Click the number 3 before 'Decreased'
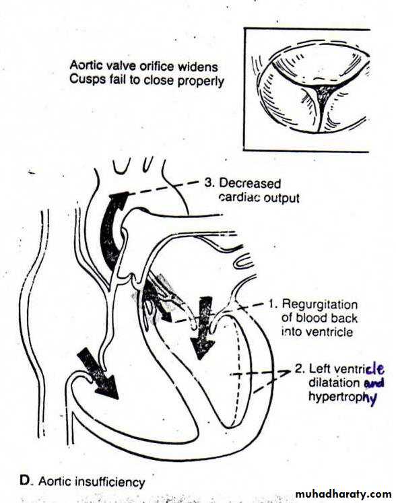(x=209, y=183)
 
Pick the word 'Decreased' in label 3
(x=250, y=184)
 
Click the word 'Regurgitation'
(x=320, y=304)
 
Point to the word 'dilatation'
(x=334, y=382)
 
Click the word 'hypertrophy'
(x=342, y=397)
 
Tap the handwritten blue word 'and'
(x=374, y=382)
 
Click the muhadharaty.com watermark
(x=343, y=494)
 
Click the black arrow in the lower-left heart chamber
(x=97, y=374)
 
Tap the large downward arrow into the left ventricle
(x=203, y=327)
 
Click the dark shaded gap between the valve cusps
(x=324, y=92)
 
